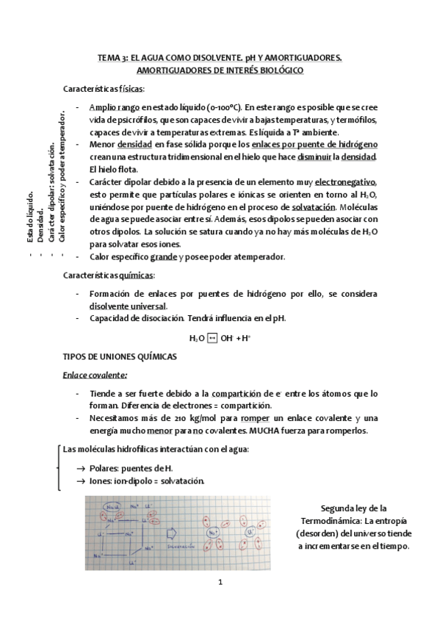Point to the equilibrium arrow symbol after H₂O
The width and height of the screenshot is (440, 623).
click(x=212, y=338)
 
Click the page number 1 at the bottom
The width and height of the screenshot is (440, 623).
click(x=220, y=583)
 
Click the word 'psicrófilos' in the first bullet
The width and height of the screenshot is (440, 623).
click(x=151, y=119)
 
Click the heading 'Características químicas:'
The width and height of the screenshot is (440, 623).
click(x=109, y=275)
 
